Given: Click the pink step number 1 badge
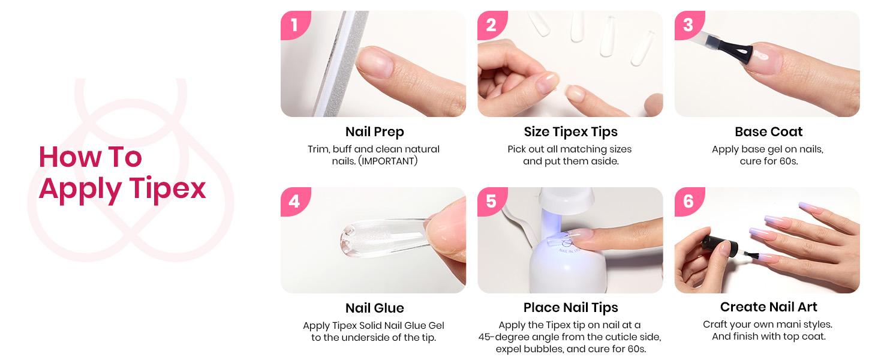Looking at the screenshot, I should click(x=294, y=25).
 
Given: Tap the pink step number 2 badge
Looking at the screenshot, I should click(x=491, y=25).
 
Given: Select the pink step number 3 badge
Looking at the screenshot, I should click(x=688, y=25).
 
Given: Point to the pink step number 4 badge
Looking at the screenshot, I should click(x=294, y=201).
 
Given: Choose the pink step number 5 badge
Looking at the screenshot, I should click(x=491, y=201).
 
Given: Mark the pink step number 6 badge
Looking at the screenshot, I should click(x=688, y=201).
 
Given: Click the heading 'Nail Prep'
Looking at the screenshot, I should click(x=374, y=131).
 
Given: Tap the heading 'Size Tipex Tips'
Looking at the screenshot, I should click(x=570, y=131).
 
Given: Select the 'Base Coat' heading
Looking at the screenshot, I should click(x=768, y=131).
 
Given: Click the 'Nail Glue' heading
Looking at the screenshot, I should click(x=374, y=308).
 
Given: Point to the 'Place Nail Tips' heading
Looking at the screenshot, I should click(x=570, y=308).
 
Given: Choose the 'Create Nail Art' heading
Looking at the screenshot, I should click(x=768, y=307).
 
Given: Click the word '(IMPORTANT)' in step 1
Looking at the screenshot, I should click(x=387, y=161).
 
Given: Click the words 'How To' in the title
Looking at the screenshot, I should click(x=90, y=157).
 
